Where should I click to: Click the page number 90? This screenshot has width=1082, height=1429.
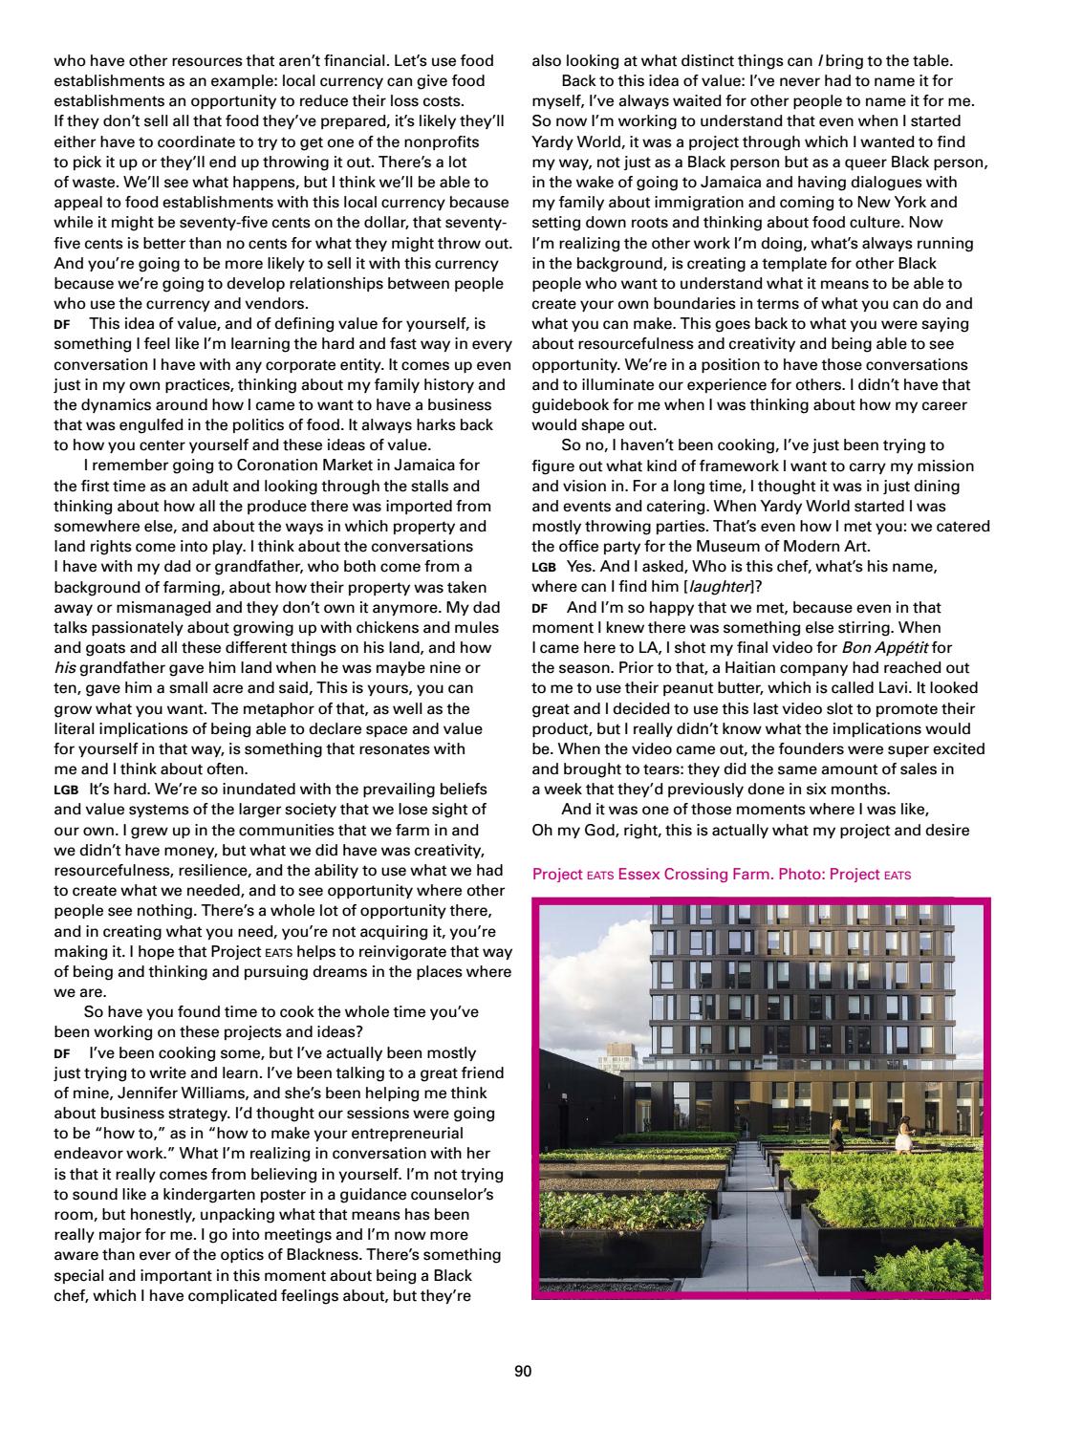coord(522,1372)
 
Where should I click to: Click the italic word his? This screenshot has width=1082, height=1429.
coord(64,667)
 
